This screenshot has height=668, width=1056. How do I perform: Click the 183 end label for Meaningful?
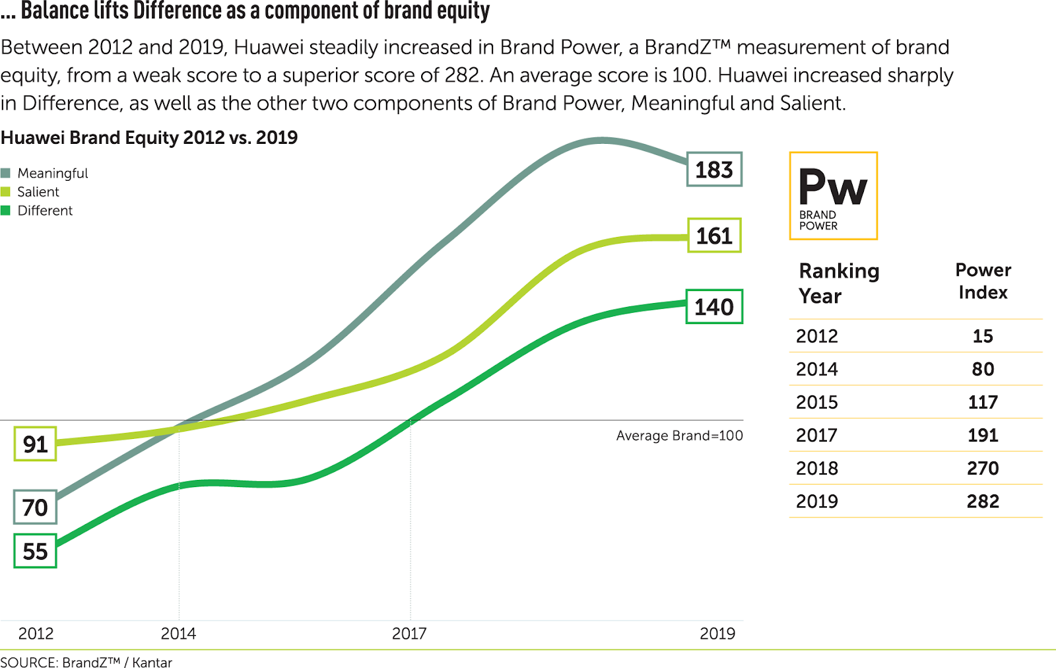click(714, 170)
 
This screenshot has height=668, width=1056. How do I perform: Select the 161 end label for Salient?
click(714, 236)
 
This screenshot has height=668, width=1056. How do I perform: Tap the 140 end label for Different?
click(714, 307)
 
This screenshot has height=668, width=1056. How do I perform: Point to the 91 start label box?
click(36, 444)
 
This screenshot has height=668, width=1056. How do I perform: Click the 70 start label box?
click(36, 508)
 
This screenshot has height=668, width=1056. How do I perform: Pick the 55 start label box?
click(36, 551)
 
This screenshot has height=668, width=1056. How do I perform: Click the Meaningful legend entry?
click(52, 173)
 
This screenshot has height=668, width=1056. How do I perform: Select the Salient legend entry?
click(38, 192)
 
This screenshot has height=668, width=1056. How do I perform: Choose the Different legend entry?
click(44, 211)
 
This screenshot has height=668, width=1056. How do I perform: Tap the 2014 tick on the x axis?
click(178, 634)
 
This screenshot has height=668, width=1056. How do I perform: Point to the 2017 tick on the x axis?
click(409, 634)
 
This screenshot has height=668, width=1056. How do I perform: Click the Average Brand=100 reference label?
click(679, 436)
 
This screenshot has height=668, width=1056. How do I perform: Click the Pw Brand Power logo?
click(833, 196)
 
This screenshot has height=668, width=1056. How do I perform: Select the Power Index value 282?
click(983, 502)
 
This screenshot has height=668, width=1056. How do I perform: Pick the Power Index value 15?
click(983, 336)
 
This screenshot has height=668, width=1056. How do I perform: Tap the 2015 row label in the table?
click(817, 403)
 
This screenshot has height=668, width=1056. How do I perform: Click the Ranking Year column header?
click(839, 283)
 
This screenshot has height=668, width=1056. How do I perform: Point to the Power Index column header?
click(983, 281)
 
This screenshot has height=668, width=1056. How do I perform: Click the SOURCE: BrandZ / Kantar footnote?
click(86, 662)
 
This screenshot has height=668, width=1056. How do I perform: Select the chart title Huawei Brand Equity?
click(149, 137)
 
